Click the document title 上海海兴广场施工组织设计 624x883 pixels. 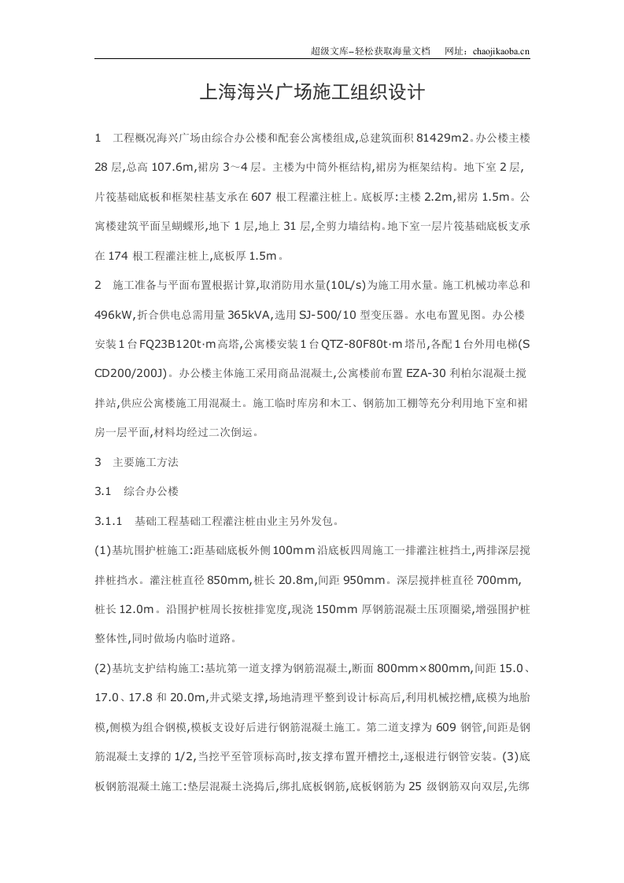coord(312,93)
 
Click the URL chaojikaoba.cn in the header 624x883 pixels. coord(499,51)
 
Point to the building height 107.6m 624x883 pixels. coord(172,168)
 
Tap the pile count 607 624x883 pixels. coord(264,197)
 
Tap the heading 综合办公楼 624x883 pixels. coord(152,491)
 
